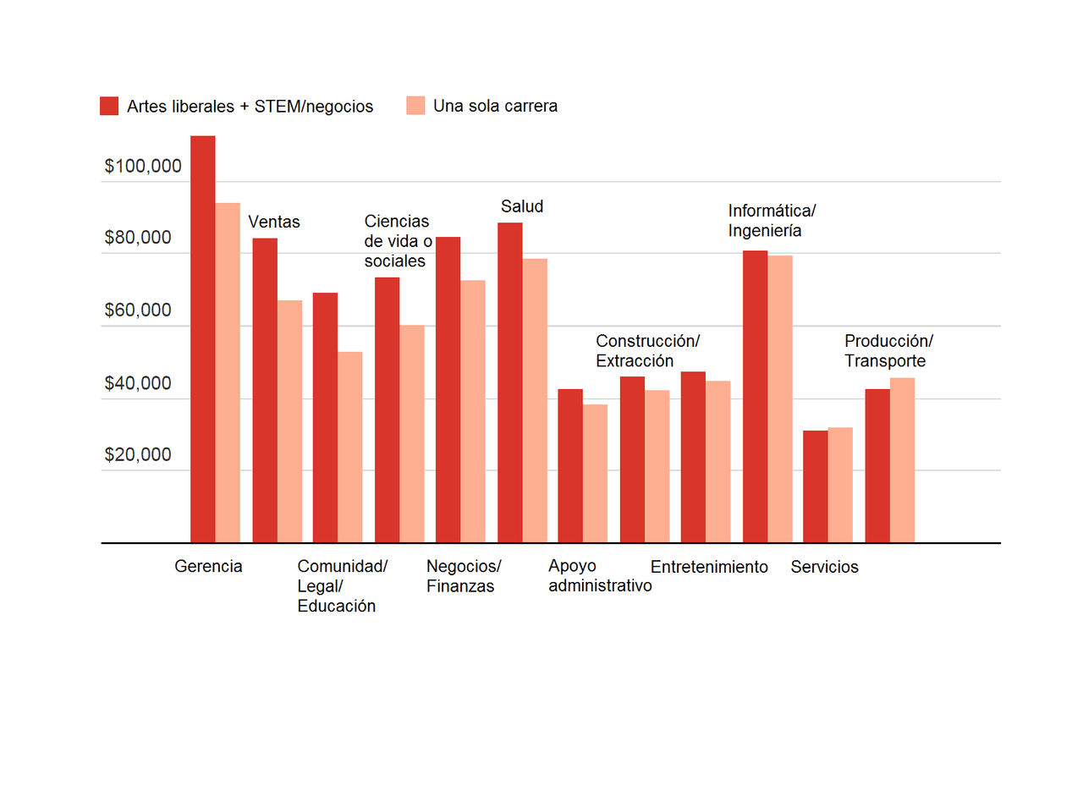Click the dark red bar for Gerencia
(202, 338)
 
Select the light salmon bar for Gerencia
(228, 372)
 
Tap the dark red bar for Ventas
(265, 390)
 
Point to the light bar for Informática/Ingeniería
(780, 398)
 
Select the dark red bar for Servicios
(815, 486)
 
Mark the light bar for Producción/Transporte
(902, 460)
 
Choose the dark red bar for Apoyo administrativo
(570, 465)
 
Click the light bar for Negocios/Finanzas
(473, 411)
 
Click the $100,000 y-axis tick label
(143, 167)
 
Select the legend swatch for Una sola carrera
(415, 106)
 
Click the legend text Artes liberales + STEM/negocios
(250, 107)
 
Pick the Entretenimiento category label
(709, 567)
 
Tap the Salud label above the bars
(522, 206)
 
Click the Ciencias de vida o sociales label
(398, 241)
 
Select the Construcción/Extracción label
(647, 351)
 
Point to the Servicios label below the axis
(824, 567)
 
